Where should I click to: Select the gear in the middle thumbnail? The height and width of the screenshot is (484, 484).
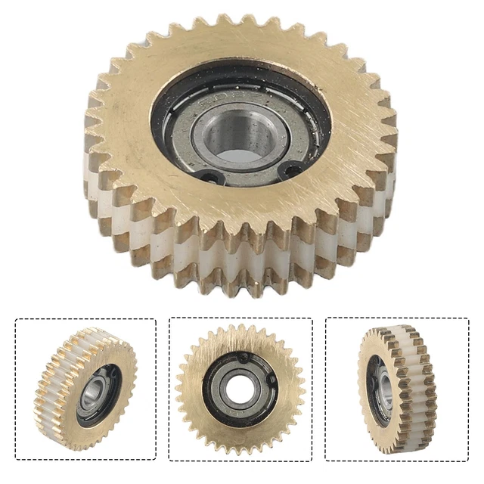pos(240,388)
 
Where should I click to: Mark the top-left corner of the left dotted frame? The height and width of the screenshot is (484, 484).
pos(16,319)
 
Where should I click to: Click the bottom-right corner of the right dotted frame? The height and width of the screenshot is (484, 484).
pos(468,460)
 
